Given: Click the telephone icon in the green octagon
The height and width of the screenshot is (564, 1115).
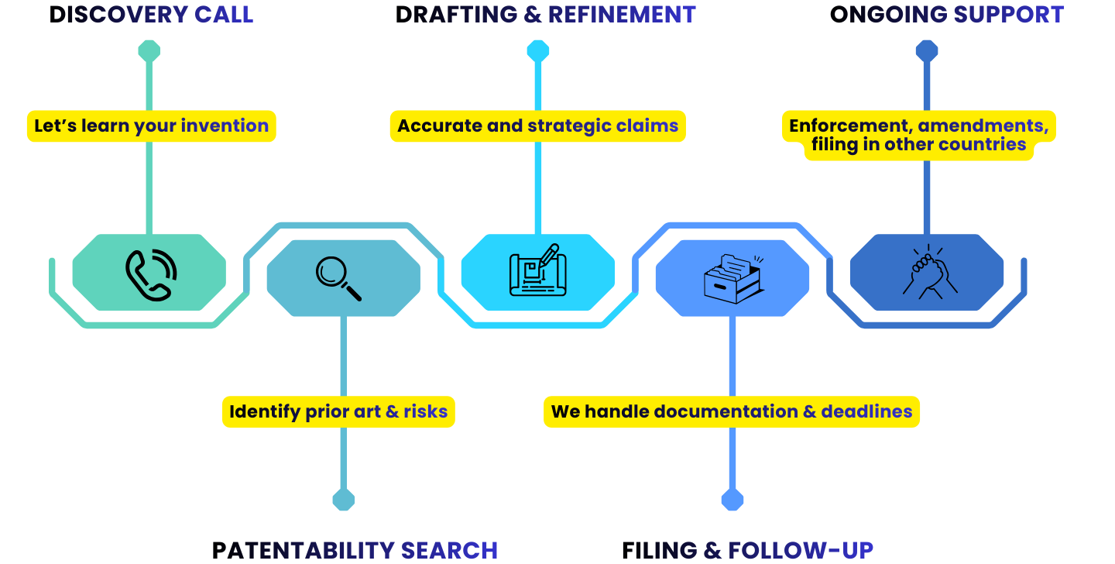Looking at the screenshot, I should pyautogui.click(x=150, y=273).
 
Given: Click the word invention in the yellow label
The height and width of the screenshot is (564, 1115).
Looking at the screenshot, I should pyautogui.click(x=225, y=126).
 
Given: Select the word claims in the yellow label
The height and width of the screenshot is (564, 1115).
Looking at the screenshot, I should pyautogui.click(x=647, y=126).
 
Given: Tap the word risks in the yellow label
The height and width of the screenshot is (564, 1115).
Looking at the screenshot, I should pyautogui.click(x=425, y=411).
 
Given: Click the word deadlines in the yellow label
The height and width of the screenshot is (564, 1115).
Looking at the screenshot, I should pyautogui.click(x=866, y=411).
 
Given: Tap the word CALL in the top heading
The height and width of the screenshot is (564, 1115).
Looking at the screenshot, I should pyautogui.click(x=224, y=14).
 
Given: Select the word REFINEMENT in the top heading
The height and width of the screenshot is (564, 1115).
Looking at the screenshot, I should pyautogui.click(x=622, y=14).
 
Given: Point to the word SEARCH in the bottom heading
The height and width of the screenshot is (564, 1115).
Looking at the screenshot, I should pyautogui.click(x=449, y=550).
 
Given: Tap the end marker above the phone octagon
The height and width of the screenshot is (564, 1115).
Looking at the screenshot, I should pyautogui.click(x=149, y=51).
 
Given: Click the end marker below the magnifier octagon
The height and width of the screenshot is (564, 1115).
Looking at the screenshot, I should pyautogui.click(x=343, y=500).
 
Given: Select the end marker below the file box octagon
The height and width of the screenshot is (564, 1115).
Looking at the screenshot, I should pyautogui.click(x=732, y=500).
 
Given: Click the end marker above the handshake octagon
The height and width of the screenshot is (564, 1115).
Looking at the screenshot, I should pyautogui.click(x=926, y=51).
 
